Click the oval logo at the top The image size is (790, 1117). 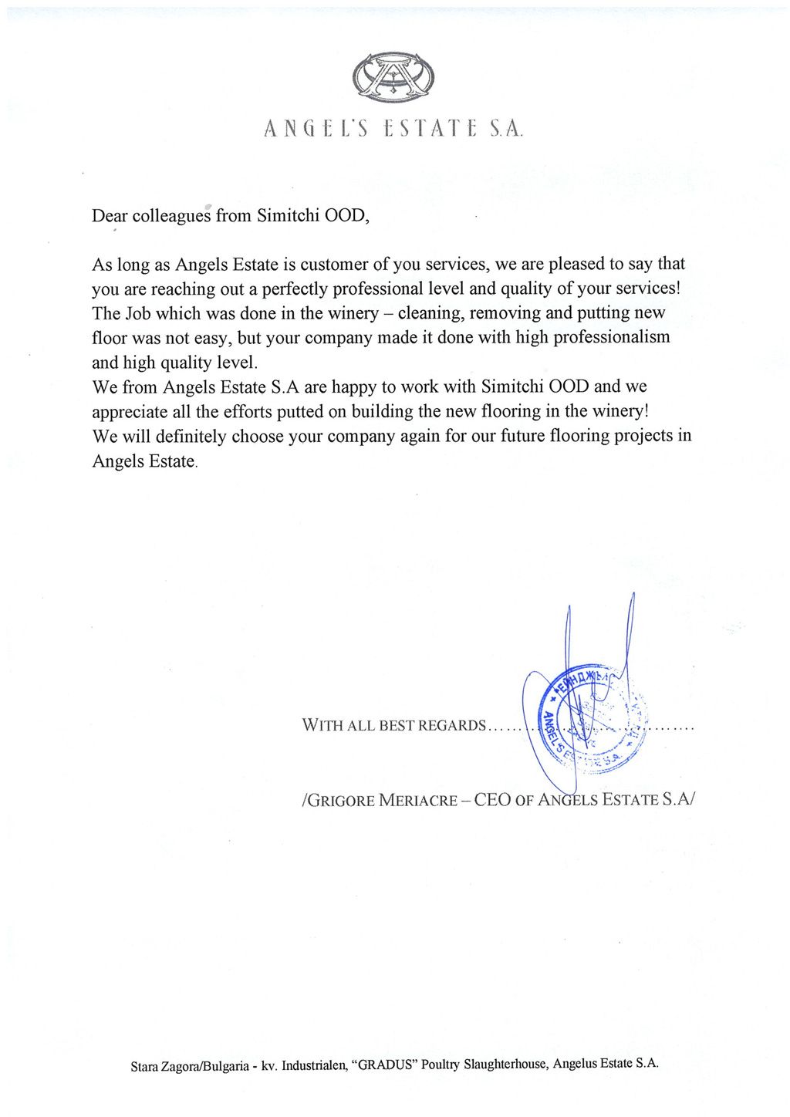(x=393, y=77)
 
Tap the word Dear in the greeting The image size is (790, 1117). (x=110, y=215)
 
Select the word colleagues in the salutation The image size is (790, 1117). (x=171, y=215)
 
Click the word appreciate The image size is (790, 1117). (x=127, y=412)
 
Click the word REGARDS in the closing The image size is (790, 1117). (x=451, y=726)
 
